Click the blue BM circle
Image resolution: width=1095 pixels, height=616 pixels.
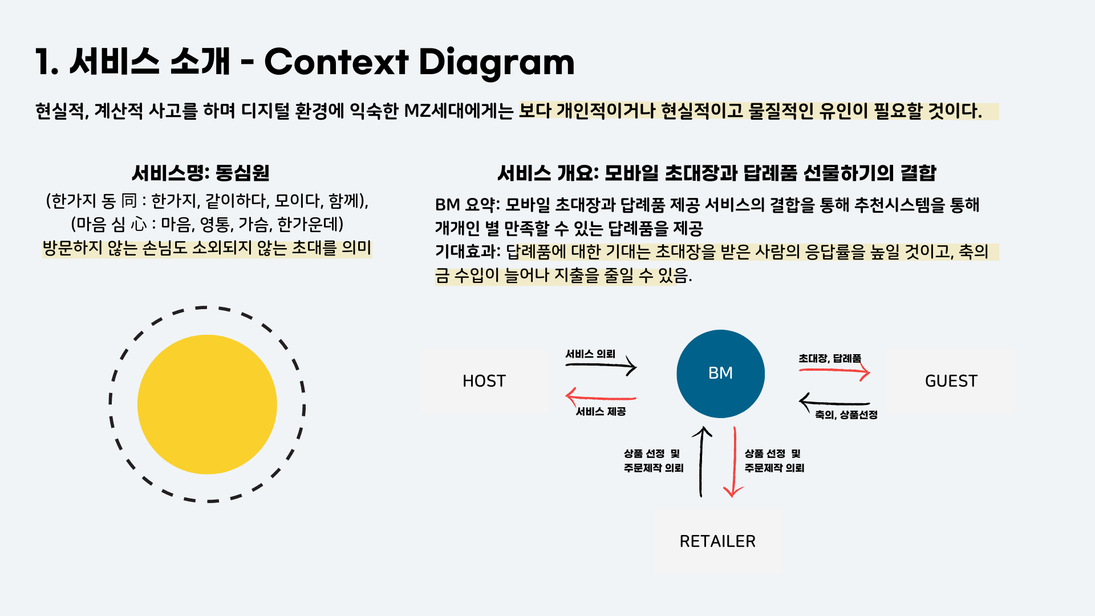[x=720, y=374]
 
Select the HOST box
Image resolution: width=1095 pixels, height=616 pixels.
[x=484, y=381]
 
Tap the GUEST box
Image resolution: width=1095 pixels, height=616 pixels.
[x=951, y=381]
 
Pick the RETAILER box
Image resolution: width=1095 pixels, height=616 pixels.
[x=717, y=541]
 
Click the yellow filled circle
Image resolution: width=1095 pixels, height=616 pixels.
[x=207, y=404]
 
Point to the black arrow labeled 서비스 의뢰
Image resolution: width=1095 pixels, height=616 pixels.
[x=601, y=365]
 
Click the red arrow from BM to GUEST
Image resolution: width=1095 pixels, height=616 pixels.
[x=834, y=372]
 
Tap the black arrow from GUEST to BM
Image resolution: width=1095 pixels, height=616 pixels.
[x=834, y=403]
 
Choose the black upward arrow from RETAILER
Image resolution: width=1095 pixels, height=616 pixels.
[x=701, y=462]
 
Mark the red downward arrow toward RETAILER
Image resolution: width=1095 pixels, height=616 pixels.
[x=734, y=462]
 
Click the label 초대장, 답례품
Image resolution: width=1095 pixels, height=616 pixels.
[x=829, y=358]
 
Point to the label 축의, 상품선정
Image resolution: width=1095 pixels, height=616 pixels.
[x=846, y=415]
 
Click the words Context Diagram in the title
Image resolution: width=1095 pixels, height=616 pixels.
[x=419, y=62]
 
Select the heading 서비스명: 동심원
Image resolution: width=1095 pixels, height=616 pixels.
[x=200, y=173]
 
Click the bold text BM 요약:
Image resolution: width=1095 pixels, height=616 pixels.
[x=467, y=205]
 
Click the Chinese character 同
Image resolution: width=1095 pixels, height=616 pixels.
[x=129, y=201]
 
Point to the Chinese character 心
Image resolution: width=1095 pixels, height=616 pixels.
[x=139, y=224]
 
